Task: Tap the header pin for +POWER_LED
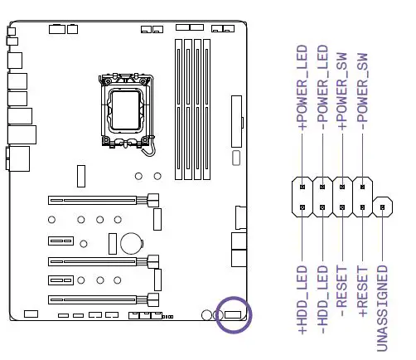coord(303,187)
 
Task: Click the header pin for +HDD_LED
coord(303,207)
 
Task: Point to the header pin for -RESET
coord(343,207)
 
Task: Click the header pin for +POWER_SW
coord(343,187)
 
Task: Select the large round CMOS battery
coord(131,242)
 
